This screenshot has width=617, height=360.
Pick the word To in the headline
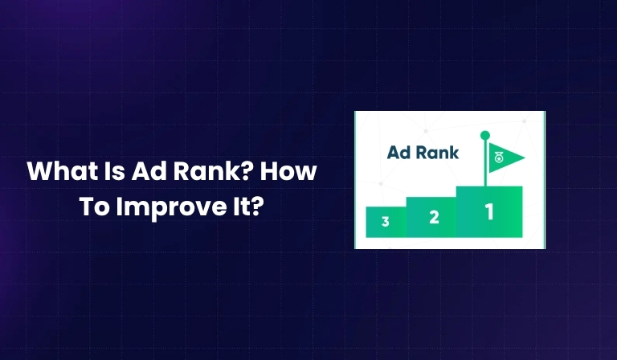tap(96, 205)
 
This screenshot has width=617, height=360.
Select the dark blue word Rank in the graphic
tap(439, 152)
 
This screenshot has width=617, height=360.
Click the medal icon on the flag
tap(497, 157)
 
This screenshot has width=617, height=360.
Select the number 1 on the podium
tap(488, 212)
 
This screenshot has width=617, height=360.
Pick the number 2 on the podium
tap(434, 217)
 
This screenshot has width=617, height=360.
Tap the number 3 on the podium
tap(386, 222)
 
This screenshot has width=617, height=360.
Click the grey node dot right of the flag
tap(524, 121)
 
